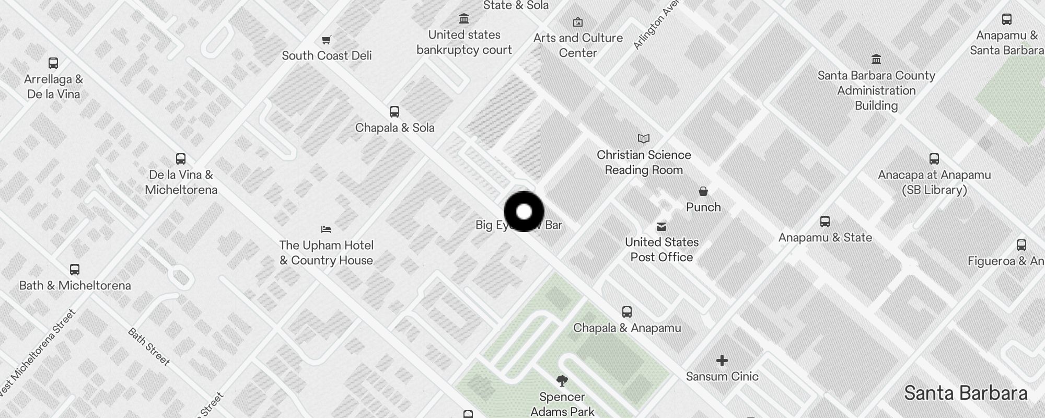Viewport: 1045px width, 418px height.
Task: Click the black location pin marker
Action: [524, 212]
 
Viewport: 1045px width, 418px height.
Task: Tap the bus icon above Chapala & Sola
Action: [394, 112]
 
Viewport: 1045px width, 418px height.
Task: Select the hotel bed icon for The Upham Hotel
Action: [326, 229]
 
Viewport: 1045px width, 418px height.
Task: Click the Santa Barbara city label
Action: [966, 393]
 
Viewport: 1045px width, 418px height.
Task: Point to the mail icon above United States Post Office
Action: [661, 227]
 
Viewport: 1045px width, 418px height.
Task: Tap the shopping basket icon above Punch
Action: [703, 191]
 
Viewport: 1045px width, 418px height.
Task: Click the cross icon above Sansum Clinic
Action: [722, 361]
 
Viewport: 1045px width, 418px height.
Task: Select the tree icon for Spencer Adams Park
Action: [562, 381]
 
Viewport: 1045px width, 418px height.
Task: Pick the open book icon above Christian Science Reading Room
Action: [644, 139]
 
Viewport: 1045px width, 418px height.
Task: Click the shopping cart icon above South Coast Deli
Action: [327, 40]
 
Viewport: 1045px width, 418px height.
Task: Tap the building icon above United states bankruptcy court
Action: [464, 19]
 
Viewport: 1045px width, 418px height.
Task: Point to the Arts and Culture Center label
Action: [578, 45]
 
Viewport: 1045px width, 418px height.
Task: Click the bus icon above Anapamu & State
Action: [825, 222]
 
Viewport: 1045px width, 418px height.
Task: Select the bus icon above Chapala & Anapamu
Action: [627, 312]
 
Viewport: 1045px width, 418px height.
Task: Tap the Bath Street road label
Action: [149, 347]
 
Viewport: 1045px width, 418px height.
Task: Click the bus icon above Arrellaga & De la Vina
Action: [53, 63]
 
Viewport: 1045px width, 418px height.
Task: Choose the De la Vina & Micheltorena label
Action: [181, 182]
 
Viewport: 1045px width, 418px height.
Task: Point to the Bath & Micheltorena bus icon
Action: [75, 270]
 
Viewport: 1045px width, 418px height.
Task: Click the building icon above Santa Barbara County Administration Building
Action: [876, 59]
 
